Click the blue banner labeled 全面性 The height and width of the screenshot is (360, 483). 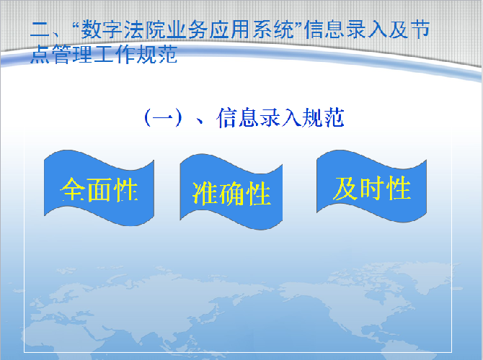click(99, 188)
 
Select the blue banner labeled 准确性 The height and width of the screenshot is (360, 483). click(231, 192)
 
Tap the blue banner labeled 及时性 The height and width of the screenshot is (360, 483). click(371, 186)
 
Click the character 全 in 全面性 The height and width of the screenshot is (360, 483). click(72, 189)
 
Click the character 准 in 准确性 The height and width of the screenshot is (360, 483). click(205, 193)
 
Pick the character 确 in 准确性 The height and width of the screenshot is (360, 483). click(231, 193)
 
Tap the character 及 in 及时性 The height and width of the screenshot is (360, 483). click(345, 189)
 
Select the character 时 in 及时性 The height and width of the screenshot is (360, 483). click(372, 188)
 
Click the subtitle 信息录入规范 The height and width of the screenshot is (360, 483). click(280, 118)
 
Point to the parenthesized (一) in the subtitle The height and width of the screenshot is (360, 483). click(163, 118)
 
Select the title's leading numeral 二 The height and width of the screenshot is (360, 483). click(40, 30)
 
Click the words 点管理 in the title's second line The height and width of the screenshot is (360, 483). click(61, 54)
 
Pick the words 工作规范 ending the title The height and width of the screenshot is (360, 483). click(136, 54)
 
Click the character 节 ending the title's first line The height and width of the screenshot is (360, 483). click(420, 30)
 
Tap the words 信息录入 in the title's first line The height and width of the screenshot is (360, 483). click(345, 30)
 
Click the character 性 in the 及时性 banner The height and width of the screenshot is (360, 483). click(399, 188)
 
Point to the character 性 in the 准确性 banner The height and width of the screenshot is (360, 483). click(258, 193)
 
